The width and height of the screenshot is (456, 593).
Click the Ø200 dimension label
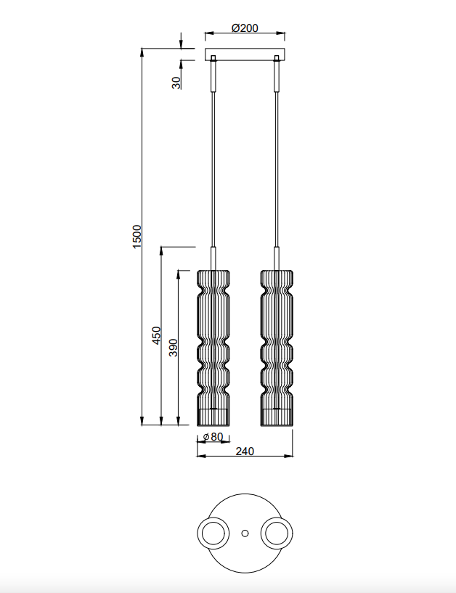point(245,28)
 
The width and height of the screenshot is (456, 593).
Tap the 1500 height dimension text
point(137,237)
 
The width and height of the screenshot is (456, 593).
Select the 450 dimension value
point(156,335)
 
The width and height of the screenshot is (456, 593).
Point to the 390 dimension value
point(173,348)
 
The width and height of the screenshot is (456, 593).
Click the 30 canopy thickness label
point(176,83)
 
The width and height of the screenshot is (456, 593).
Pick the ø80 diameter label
point(213,437)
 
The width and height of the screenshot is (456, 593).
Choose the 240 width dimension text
point(245,451)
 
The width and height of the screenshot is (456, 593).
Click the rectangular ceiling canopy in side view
point(245,54)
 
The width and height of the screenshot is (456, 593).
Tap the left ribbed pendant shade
point(213,348)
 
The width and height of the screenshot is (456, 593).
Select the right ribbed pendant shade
point(277,348)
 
